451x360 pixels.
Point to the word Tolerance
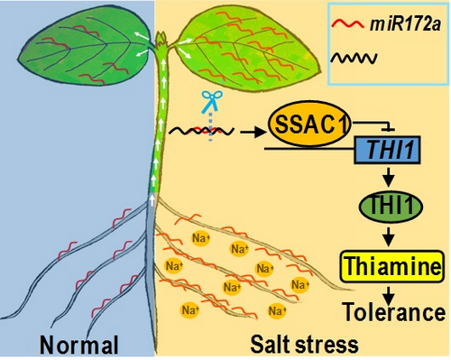(395, 312)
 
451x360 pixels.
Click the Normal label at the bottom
(80, 343)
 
